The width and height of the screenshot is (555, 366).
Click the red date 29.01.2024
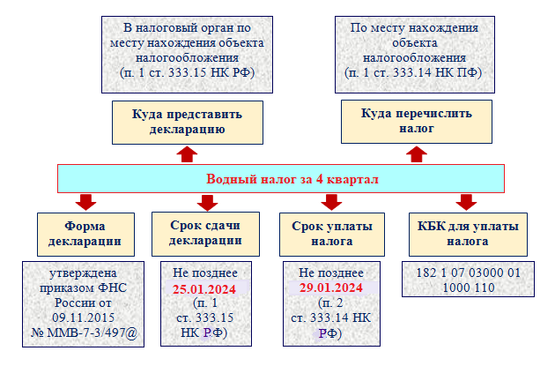pyautogui.click(x=332, y=288)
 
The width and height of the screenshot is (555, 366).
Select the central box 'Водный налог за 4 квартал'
pyautogui.click(x=281, y=179)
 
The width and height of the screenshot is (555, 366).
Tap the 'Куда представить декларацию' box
pyautogui.click(x=187, y=122)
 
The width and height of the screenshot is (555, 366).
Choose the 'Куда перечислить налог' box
pyautogui.click(x=417, y=122)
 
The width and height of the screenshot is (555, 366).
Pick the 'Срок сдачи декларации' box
pyautogui.click(x=205, y=233)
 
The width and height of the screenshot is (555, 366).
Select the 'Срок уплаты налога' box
pyautogui.click(x=332, y=233)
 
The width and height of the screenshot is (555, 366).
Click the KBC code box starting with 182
pyautogui.click(x=455, y=280)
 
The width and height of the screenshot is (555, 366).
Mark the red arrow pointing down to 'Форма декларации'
pyautogui.click(x=85, y=202)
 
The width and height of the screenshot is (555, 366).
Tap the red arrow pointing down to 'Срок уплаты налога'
pyautogui.click(x=332, y=202)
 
